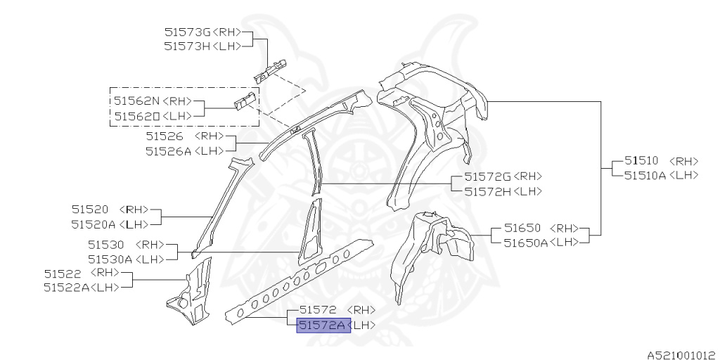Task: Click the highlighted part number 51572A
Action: tap(323, 325)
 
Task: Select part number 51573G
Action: tap(187, 32)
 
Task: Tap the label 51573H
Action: tap(187, 46)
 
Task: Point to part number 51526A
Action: tap(169, 150)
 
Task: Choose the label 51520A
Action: tap(94, 224)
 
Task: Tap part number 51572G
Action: tap(487, 176)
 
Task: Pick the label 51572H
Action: tap(487, 191)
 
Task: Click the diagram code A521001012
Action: tap(681, 355)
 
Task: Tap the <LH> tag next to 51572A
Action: tap(363, 325)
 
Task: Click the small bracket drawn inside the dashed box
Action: tap(244, 102)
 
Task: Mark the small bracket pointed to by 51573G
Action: tap(269, 69)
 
